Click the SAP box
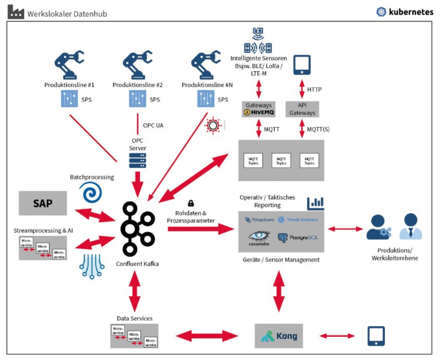tap(43, 203)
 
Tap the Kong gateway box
tap(279, 336)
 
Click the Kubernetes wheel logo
tap(382, 12)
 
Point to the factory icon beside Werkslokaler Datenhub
tap(16, 12)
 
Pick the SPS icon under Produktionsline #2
tap(138, 99)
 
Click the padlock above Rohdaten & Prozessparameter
tap(191, 203)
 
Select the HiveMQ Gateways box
tap(258, 109)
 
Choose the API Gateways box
tap(302, 109)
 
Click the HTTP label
tap(314, 89)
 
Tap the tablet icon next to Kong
tap(376, 336)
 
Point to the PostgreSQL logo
tap(298, 238)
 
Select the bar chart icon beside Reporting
tap(315, 203)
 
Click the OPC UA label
tap(153, 125)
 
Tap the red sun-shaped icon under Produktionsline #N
tap(212, 125)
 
